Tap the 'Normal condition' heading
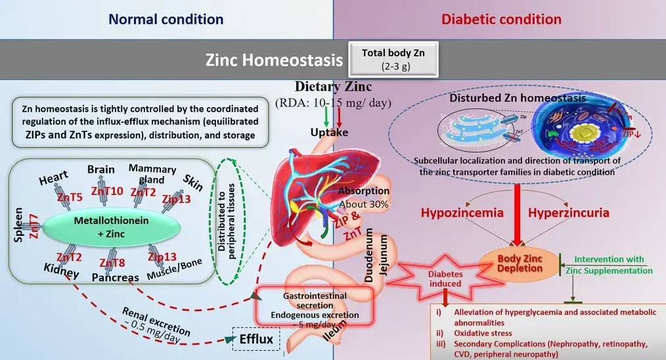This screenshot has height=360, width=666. pos(166,19)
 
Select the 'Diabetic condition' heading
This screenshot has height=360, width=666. pos(501,19)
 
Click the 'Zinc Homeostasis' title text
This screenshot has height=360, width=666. pos(274,60)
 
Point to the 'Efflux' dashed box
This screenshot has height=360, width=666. pos(255,340)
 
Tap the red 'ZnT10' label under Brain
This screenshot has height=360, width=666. pos(106,192)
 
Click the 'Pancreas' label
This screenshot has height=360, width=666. pos(115,277)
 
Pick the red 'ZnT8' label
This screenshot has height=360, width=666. pos(112,263)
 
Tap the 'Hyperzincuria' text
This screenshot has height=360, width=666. pos(569,213)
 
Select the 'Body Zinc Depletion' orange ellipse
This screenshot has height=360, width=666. pos(520,263)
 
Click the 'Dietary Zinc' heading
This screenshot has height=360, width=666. pos(333,86)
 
